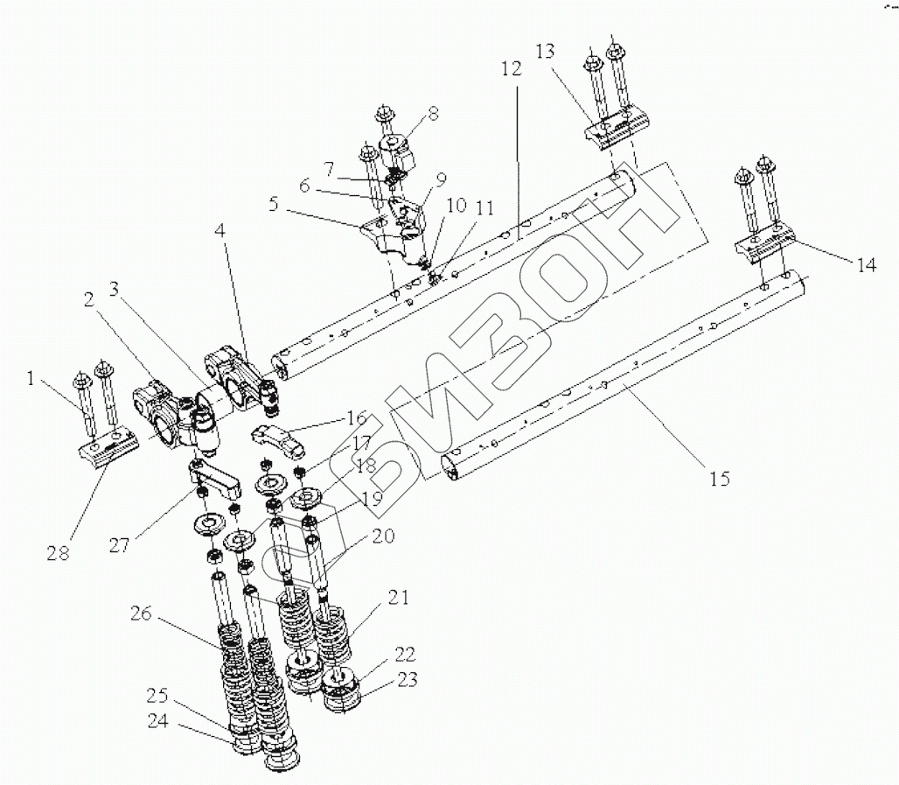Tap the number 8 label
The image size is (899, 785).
click(x=433, y=113)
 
